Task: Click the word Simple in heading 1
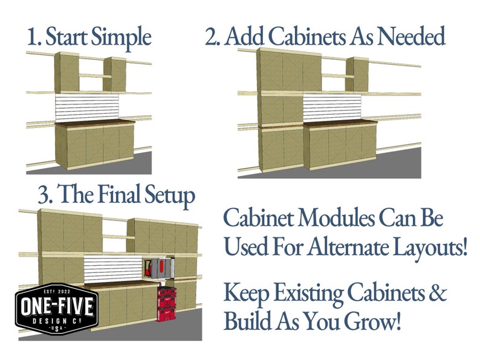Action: point(121,37)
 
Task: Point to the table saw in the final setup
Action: point(159,266)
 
